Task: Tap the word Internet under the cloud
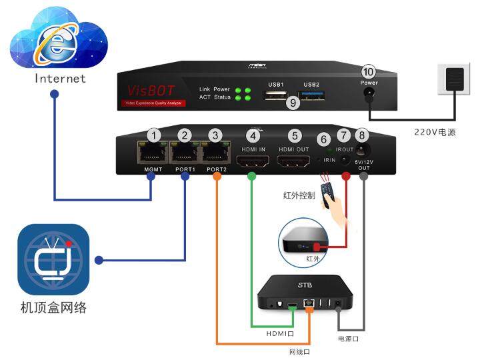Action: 61,79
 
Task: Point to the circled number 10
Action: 369,71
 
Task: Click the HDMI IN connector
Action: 253,161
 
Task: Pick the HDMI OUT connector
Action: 294,161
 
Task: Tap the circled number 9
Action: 291,103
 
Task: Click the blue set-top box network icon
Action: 53,259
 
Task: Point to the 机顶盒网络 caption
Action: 53,307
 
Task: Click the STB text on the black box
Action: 304,286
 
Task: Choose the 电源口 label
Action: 348,339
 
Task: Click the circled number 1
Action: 155,135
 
